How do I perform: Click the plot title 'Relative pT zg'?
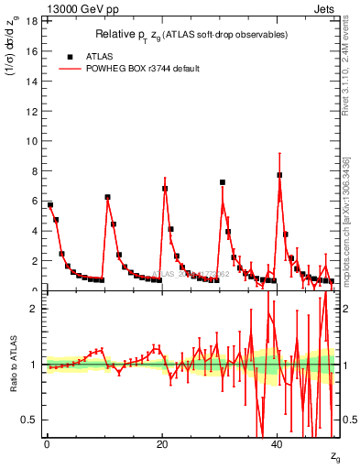pos(191,35)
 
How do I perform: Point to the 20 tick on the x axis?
pos(162,446)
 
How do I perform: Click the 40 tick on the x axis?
pos(278,446)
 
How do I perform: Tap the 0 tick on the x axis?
pos(47,446)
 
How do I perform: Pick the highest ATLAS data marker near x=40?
pos(279,175)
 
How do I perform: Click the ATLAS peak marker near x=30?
pos(222,182)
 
